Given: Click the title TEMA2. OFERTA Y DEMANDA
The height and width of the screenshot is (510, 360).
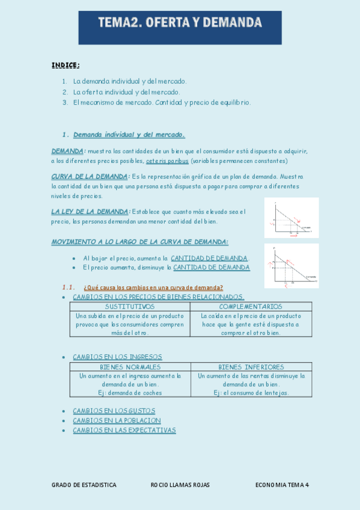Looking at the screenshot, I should [x=180, y=24].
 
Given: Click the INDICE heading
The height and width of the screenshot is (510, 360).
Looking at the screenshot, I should [x=66, y=65].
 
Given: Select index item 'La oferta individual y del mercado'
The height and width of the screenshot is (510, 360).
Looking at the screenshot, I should [x=126, y=92].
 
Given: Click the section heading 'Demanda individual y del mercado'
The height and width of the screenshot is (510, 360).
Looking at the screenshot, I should [x=129, y=134].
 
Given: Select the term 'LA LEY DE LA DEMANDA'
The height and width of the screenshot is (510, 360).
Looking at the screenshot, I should [x=90, y=211].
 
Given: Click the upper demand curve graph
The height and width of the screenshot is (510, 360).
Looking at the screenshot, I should [x=291, y=218].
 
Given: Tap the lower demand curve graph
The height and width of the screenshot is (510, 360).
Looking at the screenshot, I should [x=291, y=265].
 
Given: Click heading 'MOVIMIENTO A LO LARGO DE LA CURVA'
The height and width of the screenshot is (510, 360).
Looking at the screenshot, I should [x=139, y=241].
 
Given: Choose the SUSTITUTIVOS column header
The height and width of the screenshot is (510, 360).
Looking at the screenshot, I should [x=130, y=306].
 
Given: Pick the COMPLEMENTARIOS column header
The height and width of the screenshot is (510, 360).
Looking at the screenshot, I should [x=251, y=306].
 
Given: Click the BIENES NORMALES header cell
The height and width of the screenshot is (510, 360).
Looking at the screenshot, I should [x=130, y=367].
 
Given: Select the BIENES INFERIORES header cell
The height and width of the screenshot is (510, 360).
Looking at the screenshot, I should [x=251, y=367].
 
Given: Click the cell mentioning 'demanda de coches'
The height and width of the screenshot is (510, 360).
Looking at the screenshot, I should [x=130, y=384].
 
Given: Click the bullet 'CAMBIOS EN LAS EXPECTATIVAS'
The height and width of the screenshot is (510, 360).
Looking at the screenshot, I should [x=124, y=430].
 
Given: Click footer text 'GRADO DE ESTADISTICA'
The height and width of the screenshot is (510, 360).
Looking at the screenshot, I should [x=84, y=485].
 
